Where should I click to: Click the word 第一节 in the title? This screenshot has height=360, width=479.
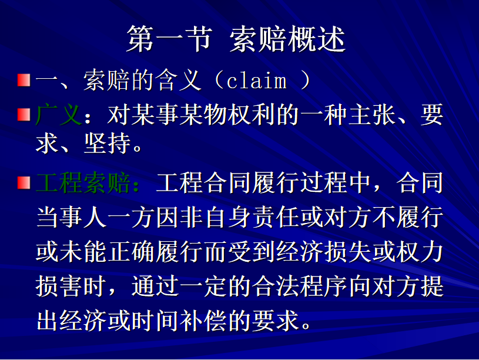click(169, 39)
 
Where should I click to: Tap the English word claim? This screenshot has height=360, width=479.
click(257, 81)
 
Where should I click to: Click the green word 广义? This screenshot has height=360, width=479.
click(59, 115)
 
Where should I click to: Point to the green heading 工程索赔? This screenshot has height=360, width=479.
click(83, 182)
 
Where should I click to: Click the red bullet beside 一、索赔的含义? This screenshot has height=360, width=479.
click(24, 80)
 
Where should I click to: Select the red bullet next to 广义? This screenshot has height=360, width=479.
click(24, 115)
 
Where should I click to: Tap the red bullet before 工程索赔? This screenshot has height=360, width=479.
click(24, 182)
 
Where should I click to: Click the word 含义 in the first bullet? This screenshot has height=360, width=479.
click(179, 80)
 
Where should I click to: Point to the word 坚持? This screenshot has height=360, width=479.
click(108, 143)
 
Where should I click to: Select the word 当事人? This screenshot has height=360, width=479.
click(71, 217)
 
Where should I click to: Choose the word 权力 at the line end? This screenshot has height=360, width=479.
click(420, 252)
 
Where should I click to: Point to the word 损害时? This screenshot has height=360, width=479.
click(71, 286)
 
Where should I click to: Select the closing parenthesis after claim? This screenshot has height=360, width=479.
click(306, 80)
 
